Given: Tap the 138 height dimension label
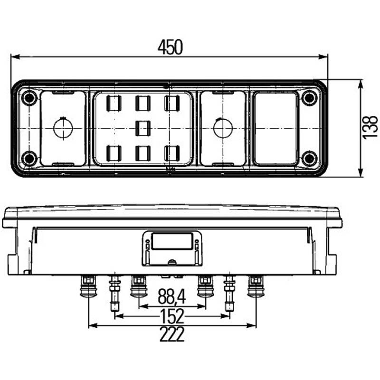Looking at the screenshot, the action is tap(370, 127).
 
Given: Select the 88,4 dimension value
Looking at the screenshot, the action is tap(171, 296).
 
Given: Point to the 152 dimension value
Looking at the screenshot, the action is tap(172, 316).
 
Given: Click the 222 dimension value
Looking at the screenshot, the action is tap(172, 334).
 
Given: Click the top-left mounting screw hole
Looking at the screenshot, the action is tap(29, 98).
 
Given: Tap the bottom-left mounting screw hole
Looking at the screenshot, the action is tap(29, 159).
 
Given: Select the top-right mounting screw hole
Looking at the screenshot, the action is tap(309, 98).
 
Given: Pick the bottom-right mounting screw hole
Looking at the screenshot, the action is tap(309, 159).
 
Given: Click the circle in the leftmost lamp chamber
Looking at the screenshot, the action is tap(63, 128).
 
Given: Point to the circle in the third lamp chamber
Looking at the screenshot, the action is tap(223, 128).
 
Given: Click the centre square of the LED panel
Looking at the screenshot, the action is tap(143, 128).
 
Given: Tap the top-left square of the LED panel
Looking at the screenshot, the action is tap(114, 103).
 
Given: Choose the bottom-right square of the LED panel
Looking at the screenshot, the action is tap(172, 153).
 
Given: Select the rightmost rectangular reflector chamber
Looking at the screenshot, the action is tap(275, 128).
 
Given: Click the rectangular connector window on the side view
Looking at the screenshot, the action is tap(172, 241).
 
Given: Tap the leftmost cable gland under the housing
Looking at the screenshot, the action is tap(88, 286).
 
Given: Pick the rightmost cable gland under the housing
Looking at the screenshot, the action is tap(256, 286).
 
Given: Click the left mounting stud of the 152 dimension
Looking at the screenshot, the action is tap(114, 294).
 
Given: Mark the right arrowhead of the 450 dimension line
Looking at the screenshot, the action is tap(323, 57).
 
